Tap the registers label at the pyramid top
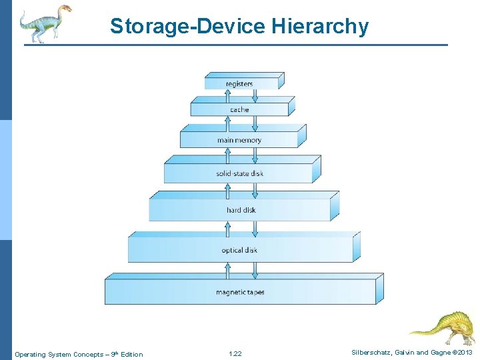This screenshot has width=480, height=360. tap(239, 84)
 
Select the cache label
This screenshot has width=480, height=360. tap(239, 109)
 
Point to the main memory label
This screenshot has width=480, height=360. tap(239, 141)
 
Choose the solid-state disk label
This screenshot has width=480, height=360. tap(239, 174)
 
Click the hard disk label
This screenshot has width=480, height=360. tap(241, 211)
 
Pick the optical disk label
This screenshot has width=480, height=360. tap(239, 251)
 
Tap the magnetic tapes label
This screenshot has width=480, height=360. tap(240, 293)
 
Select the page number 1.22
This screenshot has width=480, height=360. tap(235, 354)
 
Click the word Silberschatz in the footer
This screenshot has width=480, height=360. tap(370, 353)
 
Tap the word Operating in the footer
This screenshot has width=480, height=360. tap(30, 354)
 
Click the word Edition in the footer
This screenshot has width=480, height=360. tap(131, 354)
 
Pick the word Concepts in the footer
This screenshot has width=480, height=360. tap(87, 354)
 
